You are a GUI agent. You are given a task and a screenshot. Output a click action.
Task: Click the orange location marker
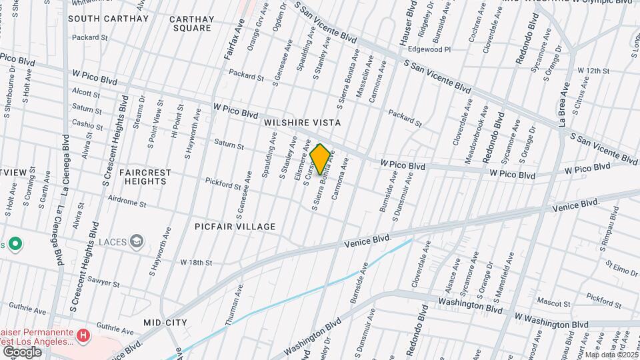(x=320, y=159)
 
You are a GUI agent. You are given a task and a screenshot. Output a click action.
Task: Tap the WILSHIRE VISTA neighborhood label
(x=302, y=123)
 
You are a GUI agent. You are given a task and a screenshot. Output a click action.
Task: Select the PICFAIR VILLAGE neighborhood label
(x=235, y=227)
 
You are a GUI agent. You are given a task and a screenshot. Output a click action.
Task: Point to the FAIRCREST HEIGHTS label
(x=145, y=177)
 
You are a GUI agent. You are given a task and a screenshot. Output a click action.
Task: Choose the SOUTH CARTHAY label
(x=109, y=19)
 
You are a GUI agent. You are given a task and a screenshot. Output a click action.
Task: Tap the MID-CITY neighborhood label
(x=165, y=323)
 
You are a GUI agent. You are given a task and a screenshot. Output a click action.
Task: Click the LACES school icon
(x=137, y=241)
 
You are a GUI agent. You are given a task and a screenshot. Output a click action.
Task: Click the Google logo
(x=22, y=351)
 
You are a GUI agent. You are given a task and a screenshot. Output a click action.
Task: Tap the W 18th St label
(x=196, y=263)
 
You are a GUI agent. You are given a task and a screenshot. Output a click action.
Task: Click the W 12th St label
(x=593, y=70)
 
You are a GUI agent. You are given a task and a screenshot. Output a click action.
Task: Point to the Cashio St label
(x=87, y=123)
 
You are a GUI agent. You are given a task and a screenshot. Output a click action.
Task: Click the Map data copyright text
(x=611, y=354)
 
